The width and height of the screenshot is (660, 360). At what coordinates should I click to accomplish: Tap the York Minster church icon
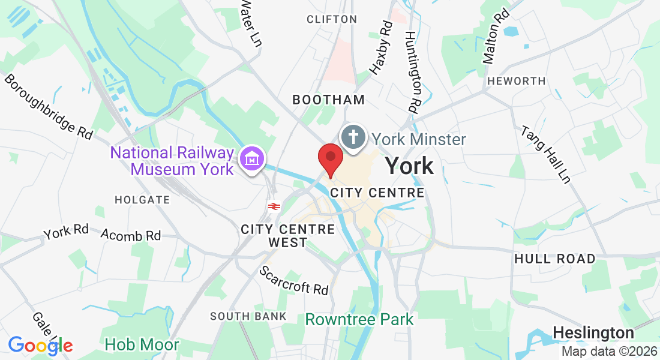[x=353, y=137]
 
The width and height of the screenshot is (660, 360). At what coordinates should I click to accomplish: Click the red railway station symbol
[x=274, y=206]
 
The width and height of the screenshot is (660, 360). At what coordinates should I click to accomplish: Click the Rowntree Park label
[x=359, y=319]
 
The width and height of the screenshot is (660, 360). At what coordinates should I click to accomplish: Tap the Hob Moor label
[x=142, y=344]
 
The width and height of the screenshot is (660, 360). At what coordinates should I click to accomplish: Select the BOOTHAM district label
[x=328, y=100]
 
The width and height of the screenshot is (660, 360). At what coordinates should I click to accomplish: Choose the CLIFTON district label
[x=332, y=19]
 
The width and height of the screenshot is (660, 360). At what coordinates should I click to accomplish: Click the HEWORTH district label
[x=517, y=81]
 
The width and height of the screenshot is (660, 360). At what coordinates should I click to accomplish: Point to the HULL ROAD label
[x=555, y=259]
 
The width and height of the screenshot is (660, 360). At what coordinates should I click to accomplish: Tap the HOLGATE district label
[x=142, y=199]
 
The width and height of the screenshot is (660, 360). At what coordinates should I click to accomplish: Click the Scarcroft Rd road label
[x=294, y=280]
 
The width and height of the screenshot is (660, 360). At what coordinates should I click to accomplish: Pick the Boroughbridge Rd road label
[x=49, y=107]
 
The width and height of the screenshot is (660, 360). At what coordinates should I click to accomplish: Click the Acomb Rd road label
[x=130, y=235]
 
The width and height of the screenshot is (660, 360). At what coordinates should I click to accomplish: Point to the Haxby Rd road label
[x=381, y=47]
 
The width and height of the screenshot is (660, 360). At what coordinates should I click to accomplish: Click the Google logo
[x=40, y=345]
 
